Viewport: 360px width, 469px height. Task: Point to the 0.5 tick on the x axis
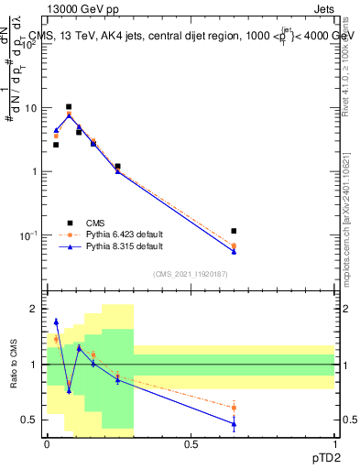pyautogui.click(x=191, y=443)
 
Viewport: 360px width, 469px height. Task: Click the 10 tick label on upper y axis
pyautogui.click(x=31, y=108)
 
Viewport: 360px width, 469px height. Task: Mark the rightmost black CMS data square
pyautogui.click(x=234, y=231)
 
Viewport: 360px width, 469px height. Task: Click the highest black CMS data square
pyautogui.click(x=69, y=107)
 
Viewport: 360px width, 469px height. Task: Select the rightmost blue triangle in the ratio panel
pyautogui.click(x=234, y=424)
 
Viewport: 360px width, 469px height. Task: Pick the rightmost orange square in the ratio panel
pyautogui.click(x=234, y=408)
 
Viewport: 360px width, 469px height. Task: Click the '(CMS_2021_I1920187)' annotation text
pyautogui.click(x=191, y=274)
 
